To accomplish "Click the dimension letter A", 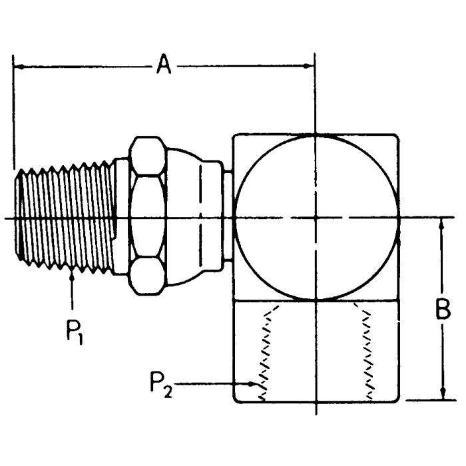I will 164,66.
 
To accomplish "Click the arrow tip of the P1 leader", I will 71,273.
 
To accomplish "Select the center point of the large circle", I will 316,217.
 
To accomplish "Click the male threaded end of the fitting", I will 67,216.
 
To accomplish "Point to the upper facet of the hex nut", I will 146,156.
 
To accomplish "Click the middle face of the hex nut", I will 146,216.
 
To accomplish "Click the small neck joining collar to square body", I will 228,216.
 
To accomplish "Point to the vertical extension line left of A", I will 13,113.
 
